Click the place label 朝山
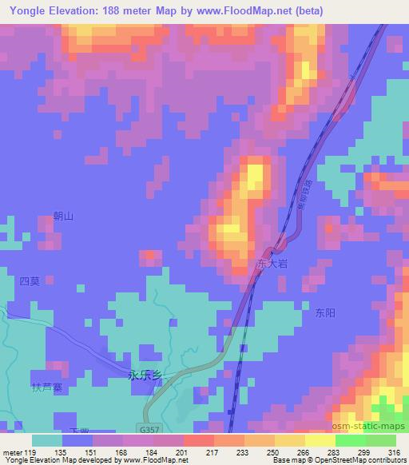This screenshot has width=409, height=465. click(x=62, y=216)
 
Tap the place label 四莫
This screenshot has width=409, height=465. click(x=29, y=281)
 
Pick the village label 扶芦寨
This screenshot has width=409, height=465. click(x=47, y=388)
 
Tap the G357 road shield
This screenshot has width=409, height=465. click(x=145, y=428)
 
